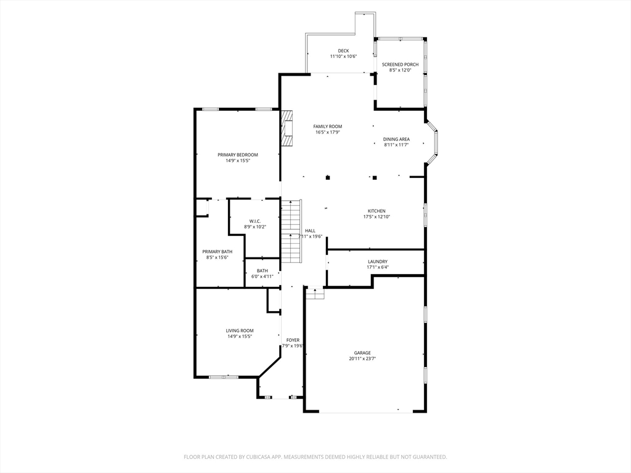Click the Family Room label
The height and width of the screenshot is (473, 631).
click(328, 126)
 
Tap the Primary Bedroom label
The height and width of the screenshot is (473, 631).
click(237, 155)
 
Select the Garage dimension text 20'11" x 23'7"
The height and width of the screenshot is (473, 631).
click(362, 359)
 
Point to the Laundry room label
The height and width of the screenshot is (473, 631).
click(378, 261)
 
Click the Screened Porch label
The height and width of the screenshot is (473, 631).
click(400, 64)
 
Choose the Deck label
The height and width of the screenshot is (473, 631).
click(343, 51)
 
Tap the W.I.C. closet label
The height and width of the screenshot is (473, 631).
click(254, 221)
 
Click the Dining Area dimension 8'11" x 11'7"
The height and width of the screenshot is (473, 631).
click(396, 145)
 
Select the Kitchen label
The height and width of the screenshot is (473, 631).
click(377, 211)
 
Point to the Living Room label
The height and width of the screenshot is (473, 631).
click(240, 331)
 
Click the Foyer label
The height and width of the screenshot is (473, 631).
click(293, 340)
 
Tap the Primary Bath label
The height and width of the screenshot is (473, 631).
click(218, 252)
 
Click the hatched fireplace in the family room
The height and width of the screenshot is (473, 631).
click(287, 128)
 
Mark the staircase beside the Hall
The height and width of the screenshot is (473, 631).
click(291, 231)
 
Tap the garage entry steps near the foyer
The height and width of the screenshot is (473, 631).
click(315, 293)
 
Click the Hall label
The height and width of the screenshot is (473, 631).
click(310, 231)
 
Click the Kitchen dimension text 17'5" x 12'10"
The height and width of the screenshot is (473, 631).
click(377, 217)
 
